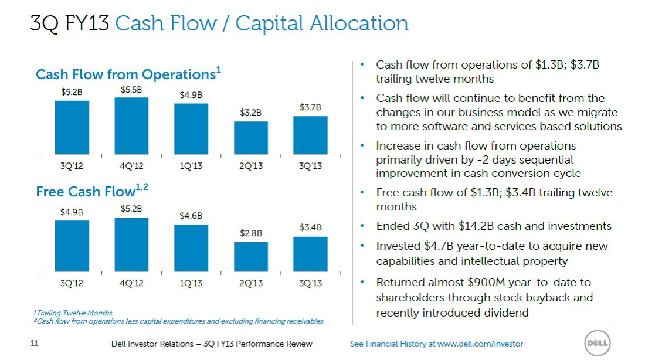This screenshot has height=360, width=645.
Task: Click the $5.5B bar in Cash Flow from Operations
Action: [131, 125]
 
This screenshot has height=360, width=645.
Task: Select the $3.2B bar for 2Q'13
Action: [251, 138]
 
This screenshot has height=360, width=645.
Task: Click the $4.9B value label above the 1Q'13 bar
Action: [191, 94]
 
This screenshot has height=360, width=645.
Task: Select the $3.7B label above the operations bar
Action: [310, 107]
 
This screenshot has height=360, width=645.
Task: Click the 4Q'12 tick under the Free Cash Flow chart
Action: [131, 283]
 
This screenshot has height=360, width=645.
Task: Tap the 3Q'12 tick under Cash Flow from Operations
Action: [72, 166]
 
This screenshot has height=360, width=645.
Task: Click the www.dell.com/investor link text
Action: [480, 344]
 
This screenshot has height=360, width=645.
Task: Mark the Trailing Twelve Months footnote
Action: [73, 313]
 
